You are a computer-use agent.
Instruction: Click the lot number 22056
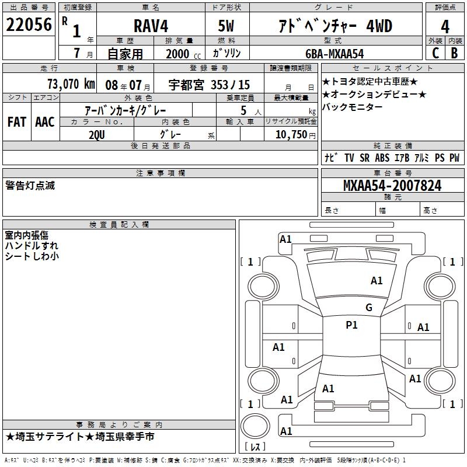pyautogui.click(x=29, y=24)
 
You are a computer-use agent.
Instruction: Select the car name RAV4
pyautogui.click(x=150, y=27)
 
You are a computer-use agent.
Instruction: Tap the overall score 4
pyautogui.click(x=445, y=27)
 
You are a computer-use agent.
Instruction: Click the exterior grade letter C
pyautogui.click(x=435, y=53)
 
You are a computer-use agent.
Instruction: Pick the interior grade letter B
pyautogui.click(x=454, y=53)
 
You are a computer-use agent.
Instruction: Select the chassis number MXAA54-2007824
pyautogui.click(x=392, y=186)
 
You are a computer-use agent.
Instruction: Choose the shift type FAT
pyautogui.click(x=16, y=122)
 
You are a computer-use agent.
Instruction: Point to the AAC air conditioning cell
pyautogui.click(x=44, y=122)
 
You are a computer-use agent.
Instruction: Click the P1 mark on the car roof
pyautogui.click(x=351, y=325)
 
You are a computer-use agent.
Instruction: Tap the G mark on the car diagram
pyautogui.click(x=368, y=308)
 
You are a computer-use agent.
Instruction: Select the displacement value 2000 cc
pyautogui.click(x=183, y=54)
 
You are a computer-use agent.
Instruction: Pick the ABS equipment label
pyautogui.click(x=382, y=158)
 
